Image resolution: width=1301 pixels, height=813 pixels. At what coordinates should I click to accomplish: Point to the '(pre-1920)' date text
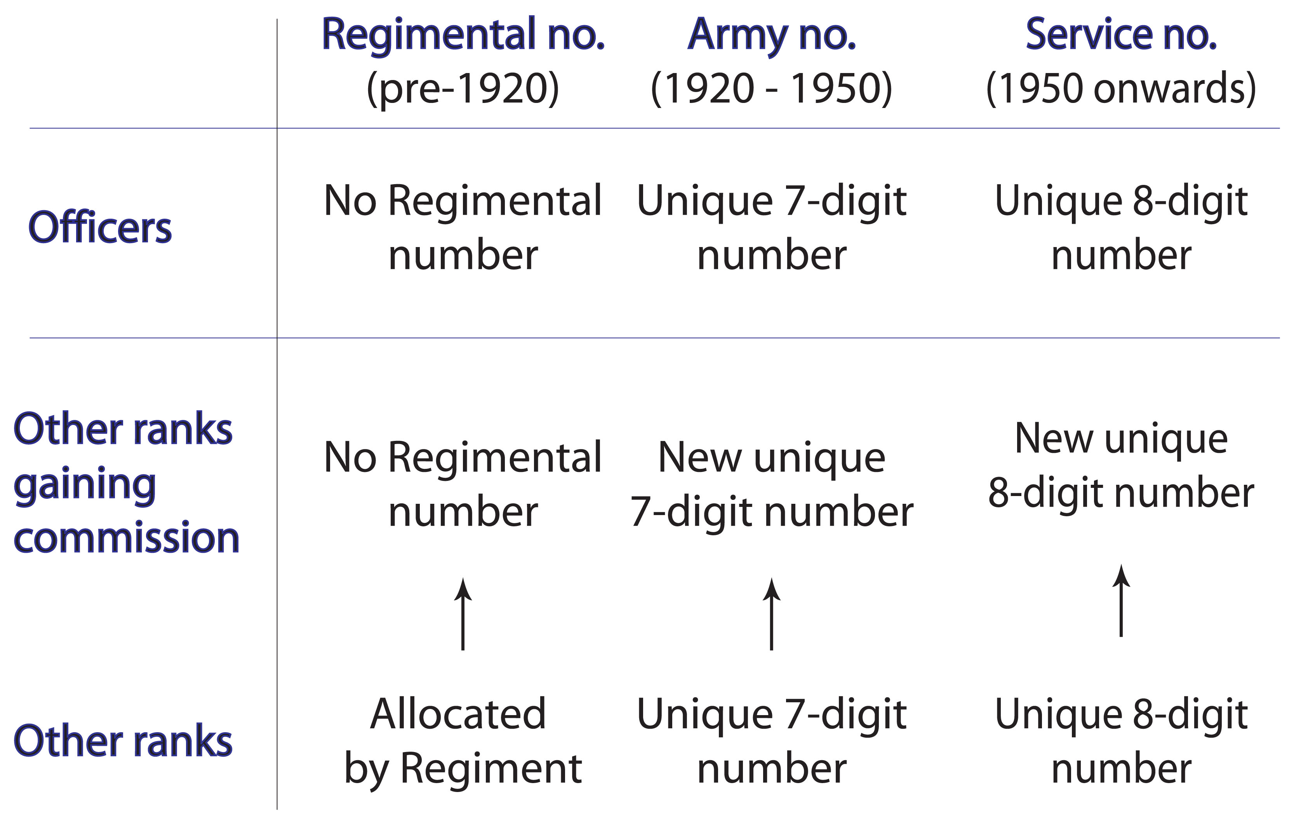coord(463,88)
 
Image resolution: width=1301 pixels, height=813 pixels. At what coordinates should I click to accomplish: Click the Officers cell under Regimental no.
coord(463,227)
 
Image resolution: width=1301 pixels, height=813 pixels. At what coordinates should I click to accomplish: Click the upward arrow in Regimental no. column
coord(463,614)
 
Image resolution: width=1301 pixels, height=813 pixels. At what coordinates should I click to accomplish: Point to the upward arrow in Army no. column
coord(771,614)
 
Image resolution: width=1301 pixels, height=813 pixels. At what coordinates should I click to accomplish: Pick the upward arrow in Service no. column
coord(1121,600)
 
